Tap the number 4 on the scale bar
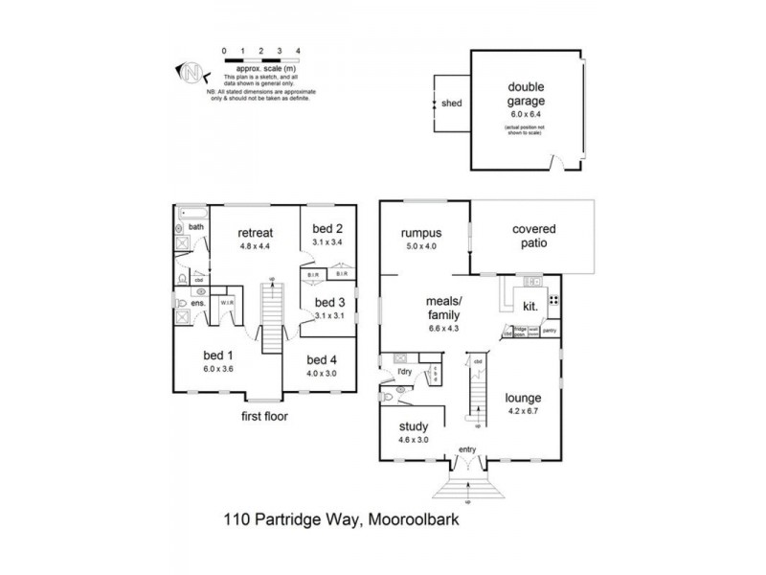(299, 47)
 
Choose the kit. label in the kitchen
(529, 307)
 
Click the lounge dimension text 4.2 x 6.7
(524, 412)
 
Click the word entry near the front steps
(467, 448)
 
